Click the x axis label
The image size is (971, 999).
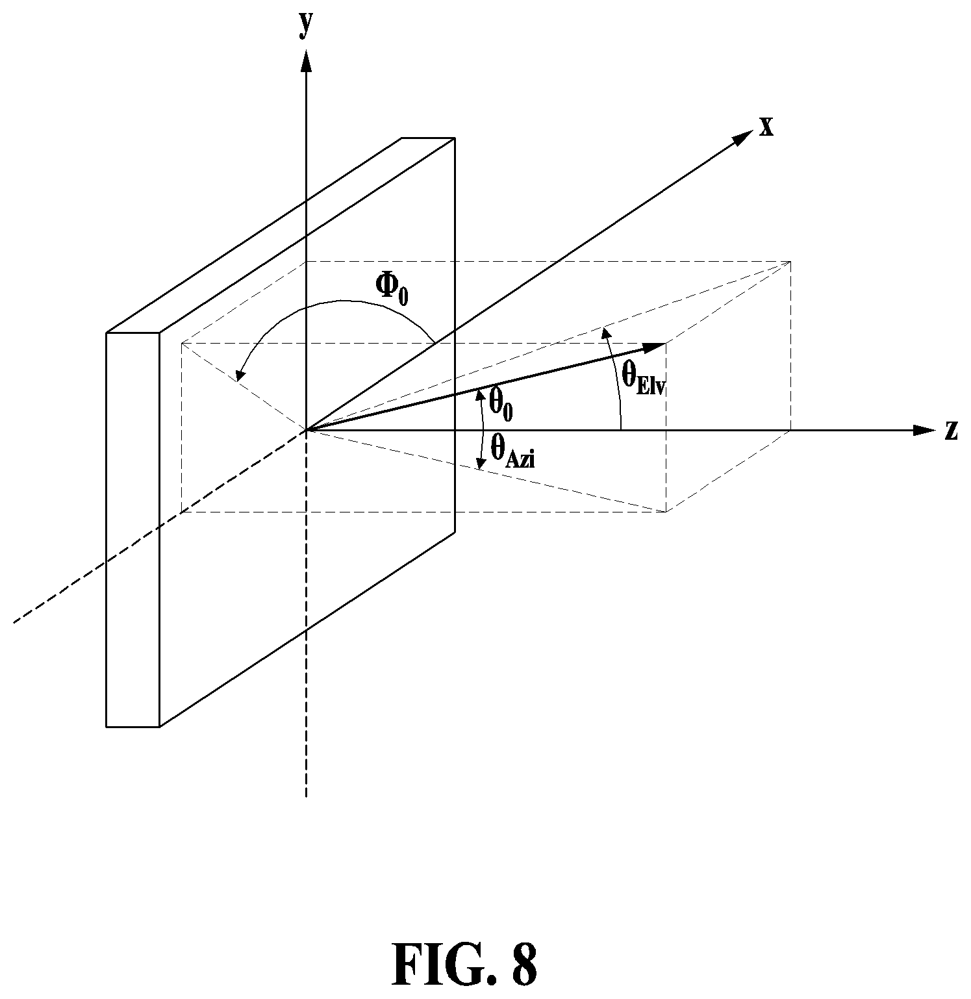tap(766, 127)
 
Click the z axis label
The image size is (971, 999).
tap(952, 431)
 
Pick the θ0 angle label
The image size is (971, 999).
tap(501, 403)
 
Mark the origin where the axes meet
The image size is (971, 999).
tap(307, 430)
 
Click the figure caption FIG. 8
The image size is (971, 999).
tap(464, 965)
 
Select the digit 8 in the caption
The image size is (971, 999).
tap(524, 965)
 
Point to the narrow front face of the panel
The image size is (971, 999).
tap(133, 529)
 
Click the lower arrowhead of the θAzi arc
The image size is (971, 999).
tap(481, 463)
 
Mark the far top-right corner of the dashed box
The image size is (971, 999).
tap(790, 261)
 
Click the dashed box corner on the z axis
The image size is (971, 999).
tap(790, 430)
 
